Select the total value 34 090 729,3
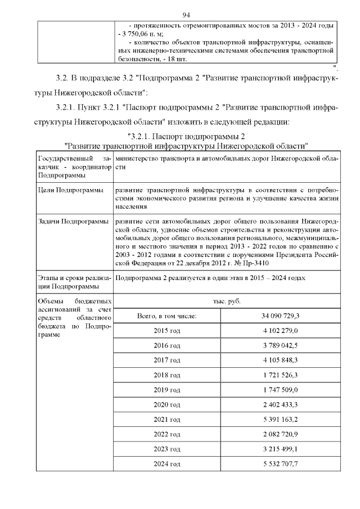click(280, 316)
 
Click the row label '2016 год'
click(167, 345)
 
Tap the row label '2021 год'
click(167, 420)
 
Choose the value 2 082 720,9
click(280, 434)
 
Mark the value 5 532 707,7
click(280, 464)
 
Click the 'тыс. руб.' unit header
click(227, 301)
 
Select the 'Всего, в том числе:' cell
click(167, 316)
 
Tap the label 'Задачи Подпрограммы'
click(73, 222)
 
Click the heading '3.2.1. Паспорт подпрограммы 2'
click(187, 136)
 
